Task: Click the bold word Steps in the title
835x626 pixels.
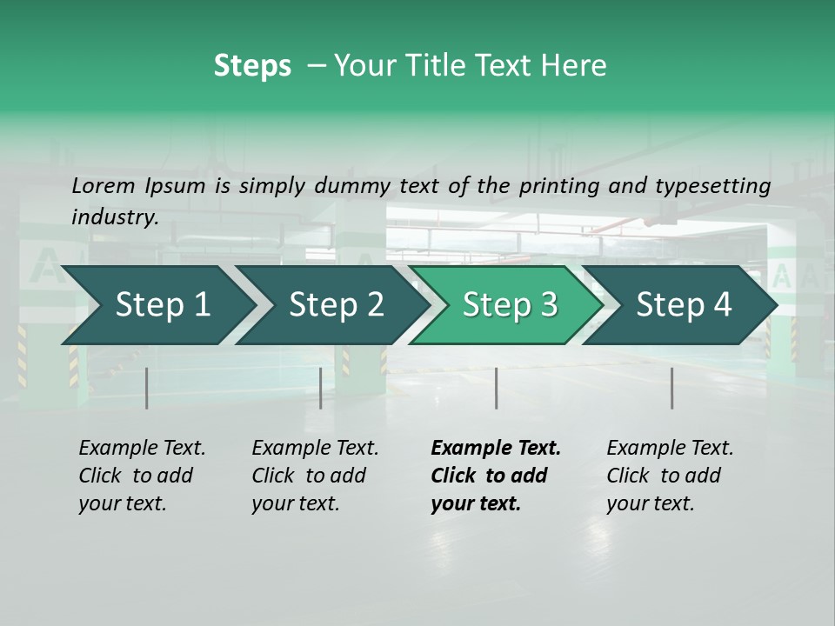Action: (x=252, y=66)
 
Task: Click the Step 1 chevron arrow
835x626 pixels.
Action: (x=157, y=305)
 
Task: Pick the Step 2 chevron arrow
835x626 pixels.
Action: (x=335, y=305)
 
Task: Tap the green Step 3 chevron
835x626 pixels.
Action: (x=508, y=305)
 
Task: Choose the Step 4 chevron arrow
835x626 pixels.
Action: (x=683, y=305)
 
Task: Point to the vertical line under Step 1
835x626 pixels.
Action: (x=147, y=388)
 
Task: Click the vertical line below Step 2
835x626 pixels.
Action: (x=321, y=388)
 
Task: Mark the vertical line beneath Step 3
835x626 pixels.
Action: (x=496, y=388)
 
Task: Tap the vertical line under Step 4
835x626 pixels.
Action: (x=671, y=388)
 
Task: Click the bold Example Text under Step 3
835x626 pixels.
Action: (x=496, y=449)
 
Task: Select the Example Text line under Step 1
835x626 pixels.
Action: (x=142, y=449)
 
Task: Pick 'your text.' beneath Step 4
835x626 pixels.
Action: (x=651, y=503)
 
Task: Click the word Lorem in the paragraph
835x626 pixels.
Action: (x=104, y=185)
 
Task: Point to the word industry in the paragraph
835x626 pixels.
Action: (x=115, y=217)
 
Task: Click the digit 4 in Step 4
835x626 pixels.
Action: (x=721, y=305)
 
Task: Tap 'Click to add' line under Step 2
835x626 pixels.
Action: (x=309, y=476)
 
